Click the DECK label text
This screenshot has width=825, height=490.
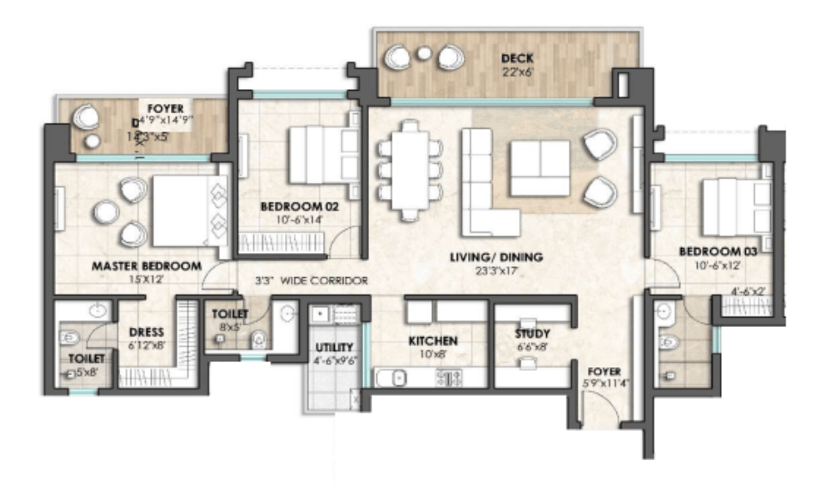[x=517, y=58]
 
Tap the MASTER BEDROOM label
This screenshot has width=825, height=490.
[x=146, y=266]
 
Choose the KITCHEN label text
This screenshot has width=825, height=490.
[x=433, y=341]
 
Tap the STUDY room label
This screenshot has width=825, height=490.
[x=532, y=333]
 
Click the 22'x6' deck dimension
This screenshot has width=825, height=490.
[x=517, y=72]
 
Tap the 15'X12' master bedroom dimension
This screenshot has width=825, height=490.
[x=146, y=279]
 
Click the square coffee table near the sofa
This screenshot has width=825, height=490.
[x=539, y=168]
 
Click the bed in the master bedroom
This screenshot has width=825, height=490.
[x=182, y=211]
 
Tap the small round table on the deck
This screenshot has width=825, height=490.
[x=422, y=54]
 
